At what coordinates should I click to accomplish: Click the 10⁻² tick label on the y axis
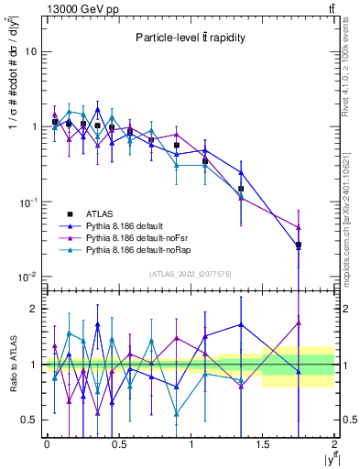click(27, 277)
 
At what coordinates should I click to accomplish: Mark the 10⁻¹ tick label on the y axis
click(27, 202)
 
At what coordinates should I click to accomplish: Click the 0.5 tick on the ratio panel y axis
click(30, 420)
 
